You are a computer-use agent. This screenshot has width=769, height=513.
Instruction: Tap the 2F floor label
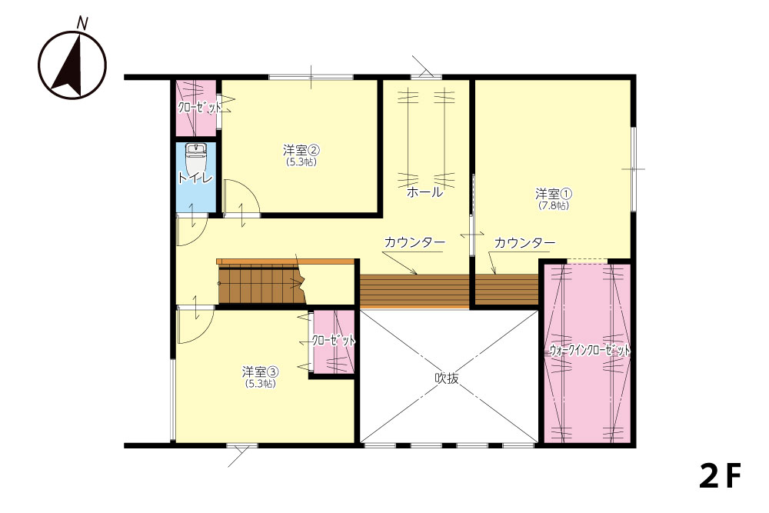[x=720, y=475]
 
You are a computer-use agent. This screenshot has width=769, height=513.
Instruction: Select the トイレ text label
[x=195, y=178]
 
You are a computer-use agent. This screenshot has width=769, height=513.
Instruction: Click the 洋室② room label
[x=301, y=149]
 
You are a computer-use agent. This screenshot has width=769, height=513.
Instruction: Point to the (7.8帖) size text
[x=554, y=206]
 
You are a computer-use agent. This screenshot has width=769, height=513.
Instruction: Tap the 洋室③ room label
[x=261, y=371]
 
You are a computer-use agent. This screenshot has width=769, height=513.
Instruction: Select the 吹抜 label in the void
[x=447, y=378]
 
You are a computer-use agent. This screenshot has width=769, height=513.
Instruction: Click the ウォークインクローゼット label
[x=589, y=350]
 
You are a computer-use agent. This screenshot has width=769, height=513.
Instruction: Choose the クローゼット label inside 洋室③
[x=333, y=341]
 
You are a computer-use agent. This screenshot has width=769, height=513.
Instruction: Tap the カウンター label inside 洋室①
[x=524, y=243]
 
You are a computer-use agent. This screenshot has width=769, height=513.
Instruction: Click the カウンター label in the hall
[x=415, y=242]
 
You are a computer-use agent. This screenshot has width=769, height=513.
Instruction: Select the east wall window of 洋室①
[x=633, y=169]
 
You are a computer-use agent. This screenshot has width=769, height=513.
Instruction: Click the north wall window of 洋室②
[x=311, y=77]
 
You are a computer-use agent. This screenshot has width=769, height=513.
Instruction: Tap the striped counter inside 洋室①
[x=507, y=289]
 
